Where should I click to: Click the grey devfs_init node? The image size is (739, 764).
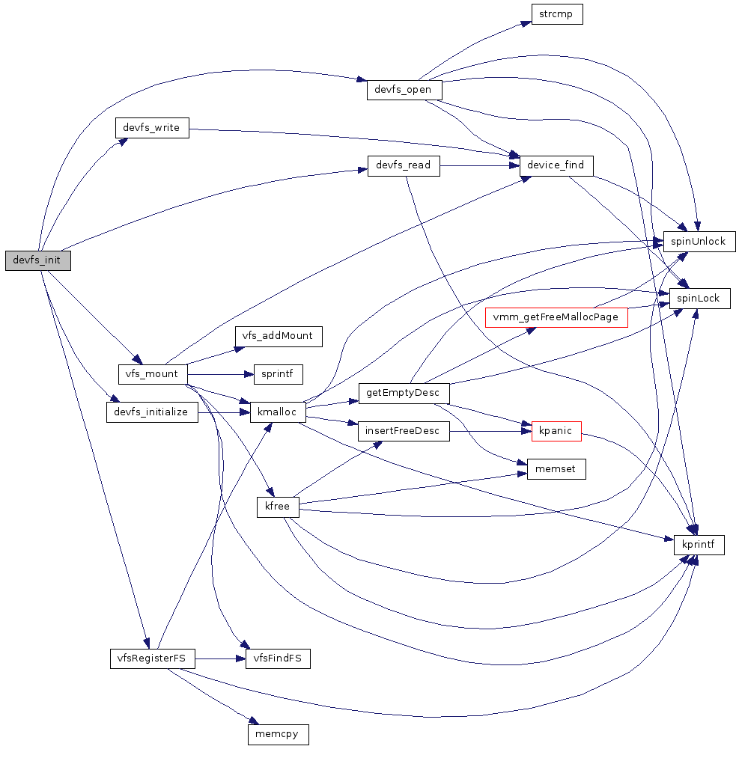pos(37,260)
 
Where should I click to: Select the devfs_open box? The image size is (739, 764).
pos(404,89)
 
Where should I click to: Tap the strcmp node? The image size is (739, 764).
pos(556,14)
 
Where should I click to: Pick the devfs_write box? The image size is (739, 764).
pos(152,127)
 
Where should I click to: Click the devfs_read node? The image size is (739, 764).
pos(403,165)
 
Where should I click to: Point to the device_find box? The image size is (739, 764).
pos(556,165)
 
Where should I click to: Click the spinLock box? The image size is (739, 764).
pos(699,299)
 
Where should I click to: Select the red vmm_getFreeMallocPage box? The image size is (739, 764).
pos(556,317)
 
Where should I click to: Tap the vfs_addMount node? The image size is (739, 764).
pos(278,336)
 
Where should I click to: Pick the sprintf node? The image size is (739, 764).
pos(278,373)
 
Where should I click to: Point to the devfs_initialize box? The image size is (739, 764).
pos(152,412)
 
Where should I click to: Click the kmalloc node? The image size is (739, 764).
pos(278,412)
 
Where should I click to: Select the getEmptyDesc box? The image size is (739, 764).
pos(404,393)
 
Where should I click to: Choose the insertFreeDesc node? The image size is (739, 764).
pos(404,431)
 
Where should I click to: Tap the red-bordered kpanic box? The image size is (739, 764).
pos(556,431)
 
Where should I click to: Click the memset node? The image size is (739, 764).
pos(556,469)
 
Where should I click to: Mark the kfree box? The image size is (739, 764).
pos(278,507)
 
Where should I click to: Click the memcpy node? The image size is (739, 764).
pos(278,734)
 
